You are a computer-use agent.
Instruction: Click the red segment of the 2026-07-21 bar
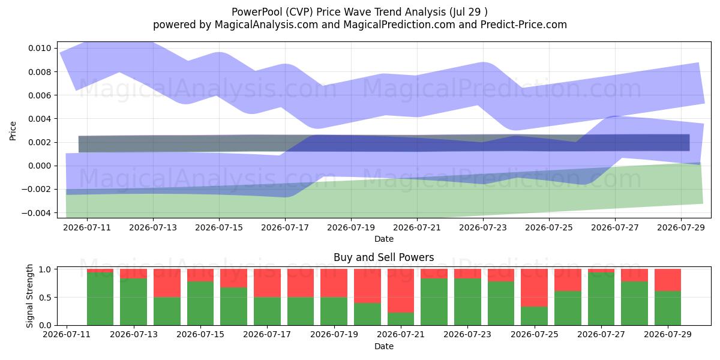[401, 290]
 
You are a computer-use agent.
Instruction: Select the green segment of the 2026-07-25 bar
[534, 316]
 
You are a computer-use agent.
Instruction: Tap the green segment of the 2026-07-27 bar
[601, 299]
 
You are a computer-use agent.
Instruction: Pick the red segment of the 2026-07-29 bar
[668, 280]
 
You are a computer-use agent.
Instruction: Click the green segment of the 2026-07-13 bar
[133, 302]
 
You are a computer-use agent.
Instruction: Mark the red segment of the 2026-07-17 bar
[267, 283]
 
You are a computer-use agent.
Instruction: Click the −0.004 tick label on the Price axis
[37, 213]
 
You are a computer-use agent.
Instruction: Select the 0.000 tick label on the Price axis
[40, 166]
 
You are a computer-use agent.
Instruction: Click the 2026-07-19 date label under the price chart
[351, 227]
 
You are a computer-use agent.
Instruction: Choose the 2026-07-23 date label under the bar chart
[467, 334]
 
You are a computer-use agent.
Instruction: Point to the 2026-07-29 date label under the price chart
[681, 227]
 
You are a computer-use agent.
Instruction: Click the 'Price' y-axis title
[13, 131]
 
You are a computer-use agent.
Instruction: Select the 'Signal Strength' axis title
[29, 296]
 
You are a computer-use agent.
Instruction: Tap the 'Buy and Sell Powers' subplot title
[384, 257]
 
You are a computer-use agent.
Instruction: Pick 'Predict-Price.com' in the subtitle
[524, 25]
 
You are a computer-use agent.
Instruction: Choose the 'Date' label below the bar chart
[384, 346]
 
